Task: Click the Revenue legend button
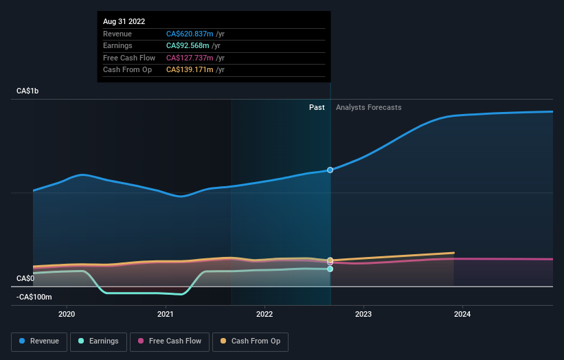[x=39, y=341]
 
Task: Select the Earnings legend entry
[x=98, y=341]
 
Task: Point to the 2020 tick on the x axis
[x=67, y=314]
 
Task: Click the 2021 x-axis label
[x=166, y=314]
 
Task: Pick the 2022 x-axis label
[x=264, y=314]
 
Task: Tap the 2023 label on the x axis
[x=363, y=314]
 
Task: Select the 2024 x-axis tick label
[x=462, y=314]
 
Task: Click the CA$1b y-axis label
[x=28, y=91]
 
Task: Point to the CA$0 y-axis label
[x=25, y=278]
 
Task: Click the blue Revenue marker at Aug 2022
[x=330, y=170]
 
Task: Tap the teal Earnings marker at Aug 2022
[x=330, y=269]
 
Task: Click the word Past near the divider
[x=317, y=107]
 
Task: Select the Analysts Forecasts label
[x=368, y=107]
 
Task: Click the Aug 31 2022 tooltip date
[x=124, y=22]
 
